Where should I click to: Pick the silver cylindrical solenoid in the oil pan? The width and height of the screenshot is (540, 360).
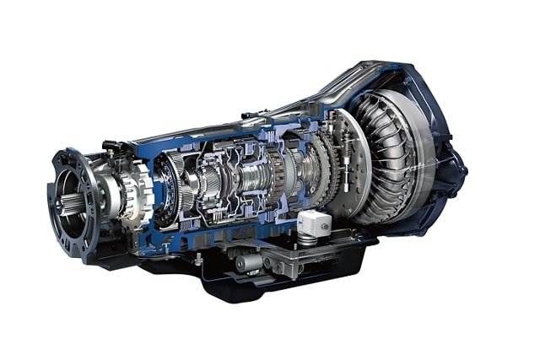(x=250, y=263)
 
